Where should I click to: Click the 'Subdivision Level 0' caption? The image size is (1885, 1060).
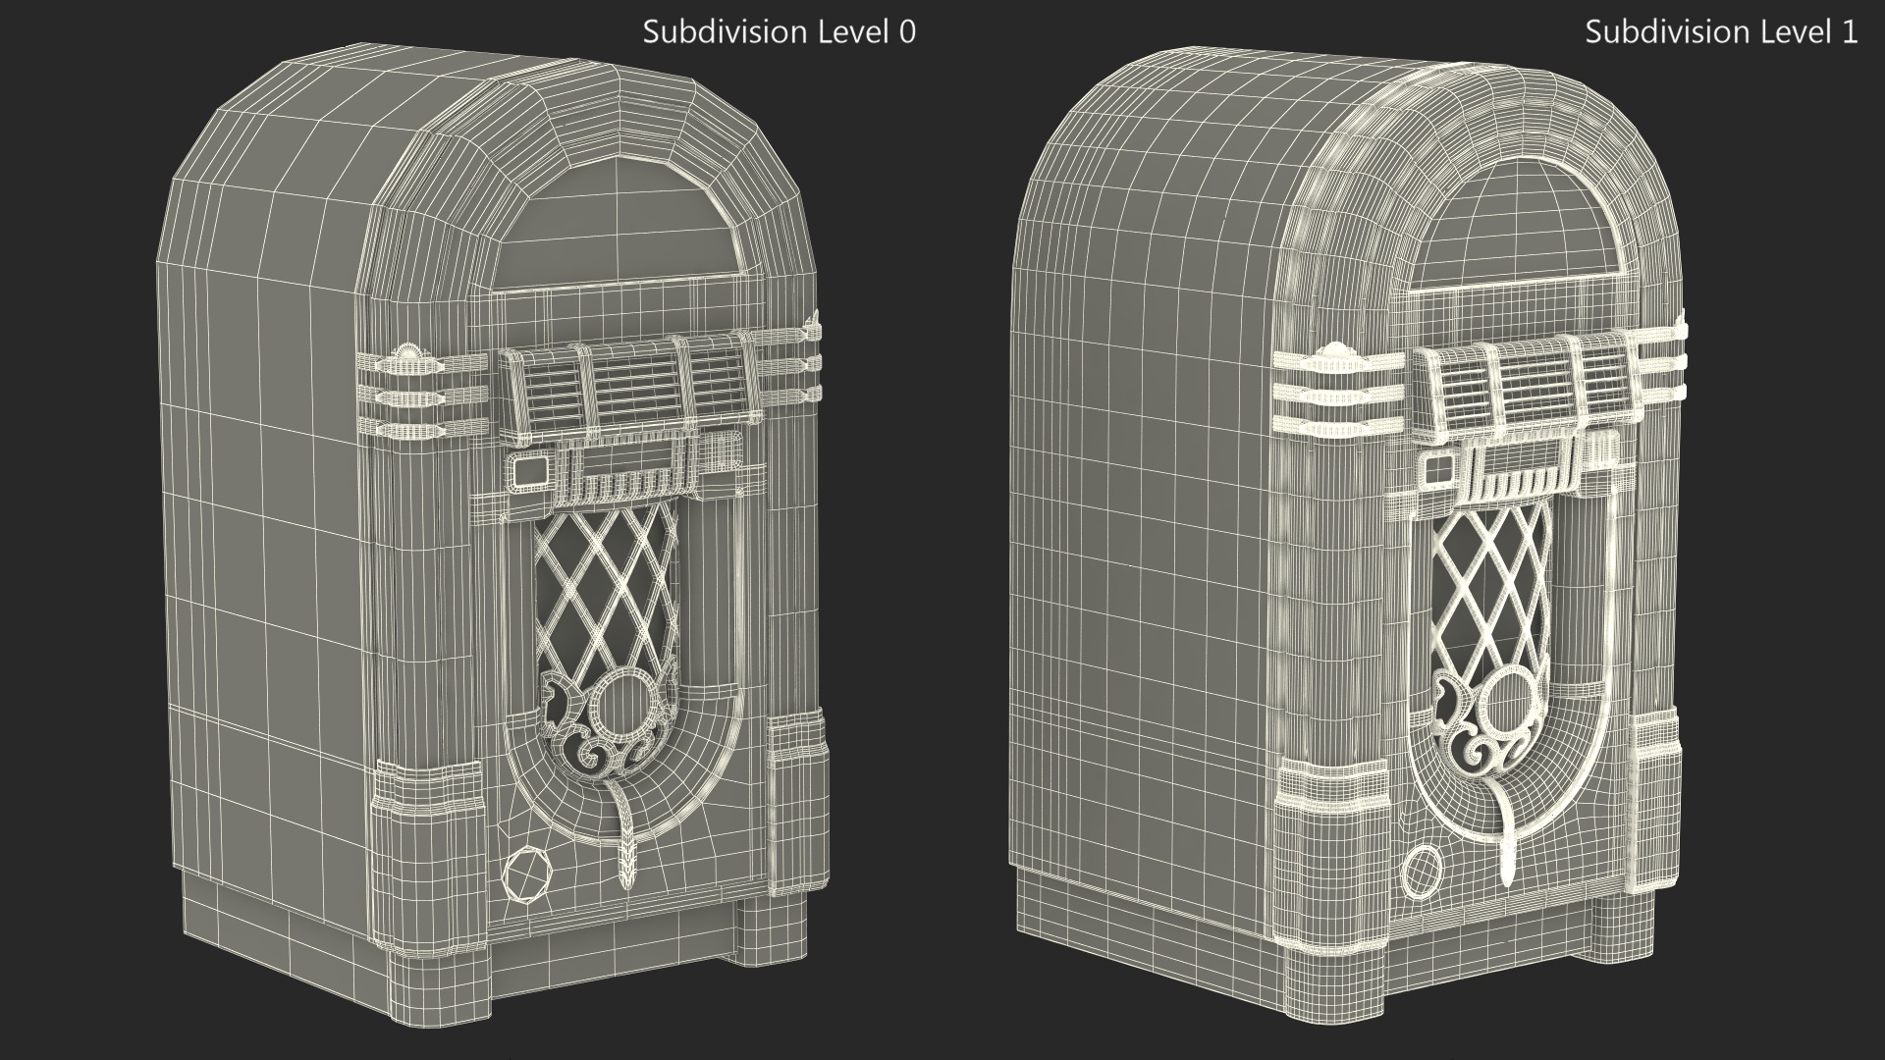pos(779,32)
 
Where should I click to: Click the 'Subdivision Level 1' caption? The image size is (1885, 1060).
pos(1721,32)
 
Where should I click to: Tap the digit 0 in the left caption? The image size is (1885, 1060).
pos(907,32)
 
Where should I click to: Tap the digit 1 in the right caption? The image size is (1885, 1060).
pos(1850,32)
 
